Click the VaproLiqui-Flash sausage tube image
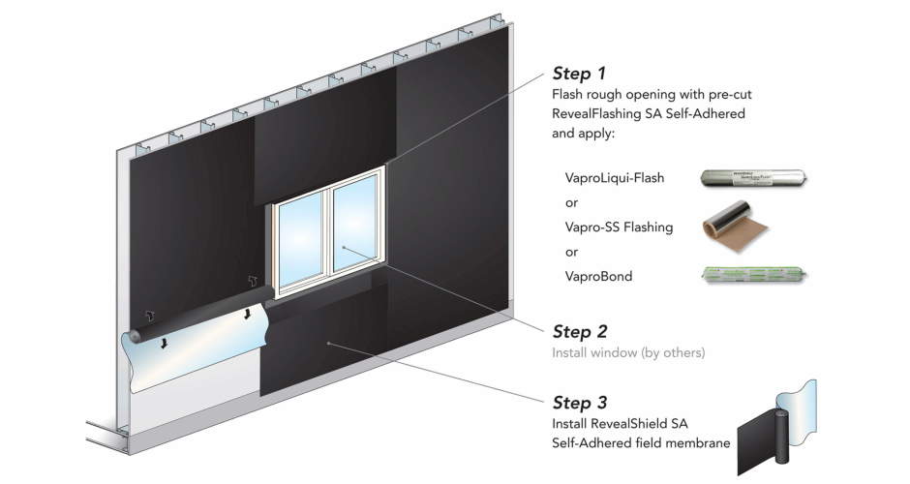click(754, 178)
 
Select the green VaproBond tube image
click(754, 275)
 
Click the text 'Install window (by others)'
click(628, 353)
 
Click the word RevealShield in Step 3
click(630, 424)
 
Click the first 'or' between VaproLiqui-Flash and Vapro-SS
click(571, 203)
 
